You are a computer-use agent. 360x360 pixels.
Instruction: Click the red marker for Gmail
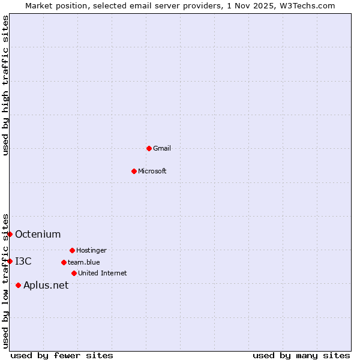click(x=149, y=148)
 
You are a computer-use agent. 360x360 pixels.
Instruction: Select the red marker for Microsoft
click(x=134, y=171)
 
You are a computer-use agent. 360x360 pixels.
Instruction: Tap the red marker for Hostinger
click(x=72, y=250)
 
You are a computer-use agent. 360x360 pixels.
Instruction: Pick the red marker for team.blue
click(x=64, y=262)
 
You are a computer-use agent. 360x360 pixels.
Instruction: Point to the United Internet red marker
click(x=74, y=273)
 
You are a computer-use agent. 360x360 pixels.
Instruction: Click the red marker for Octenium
click(x=10, y=234)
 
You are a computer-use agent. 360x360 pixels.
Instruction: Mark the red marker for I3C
click(x=10, y=261)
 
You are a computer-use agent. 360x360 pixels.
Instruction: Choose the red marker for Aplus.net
click(x=18, y=285)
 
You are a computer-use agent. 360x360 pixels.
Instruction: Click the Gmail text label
click(x=162, y=148)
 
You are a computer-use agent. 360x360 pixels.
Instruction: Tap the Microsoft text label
click(x=152, y=171)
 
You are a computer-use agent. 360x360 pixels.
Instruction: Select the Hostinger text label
click(x=91, y=250)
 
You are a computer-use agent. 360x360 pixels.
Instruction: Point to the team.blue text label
click(x=84, y=262)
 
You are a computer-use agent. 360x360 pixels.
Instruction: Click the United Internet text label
click(x=103, y=273)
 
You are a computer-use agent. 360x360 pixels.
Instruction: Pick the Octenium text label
click(x=38, y=234)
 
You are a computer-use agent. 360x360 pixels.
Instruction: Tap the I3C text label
click(x=23, y=261)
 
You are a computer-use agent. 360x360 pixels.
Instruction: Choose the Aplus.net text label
click(x=46, y=285)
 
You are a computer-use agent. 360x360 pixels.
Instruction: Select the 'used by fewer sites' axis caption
click(x=62, y=355)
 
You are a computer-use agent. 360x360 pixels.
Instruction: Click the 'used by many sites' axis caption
click(x=301, y=355)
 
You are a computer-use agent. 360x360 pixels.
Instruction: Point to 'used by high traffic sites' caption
click(x=5, y=85)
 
